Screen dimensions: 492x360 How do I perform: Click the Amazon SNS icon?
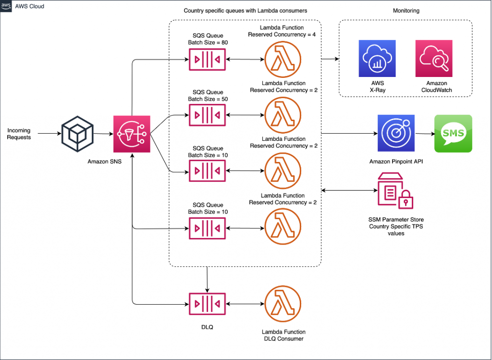pyautogui.click(x=132, y=134)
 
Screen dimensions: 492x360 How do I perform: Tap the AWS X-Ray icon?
pyautogui.click(x=377, y=58)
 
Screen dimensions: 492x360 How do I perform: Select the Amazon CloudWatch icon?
pyautogui.click(x=434, y=58)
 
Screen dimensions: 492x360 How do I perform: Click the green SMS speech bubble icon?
pyautogui.click(x=453, y=134)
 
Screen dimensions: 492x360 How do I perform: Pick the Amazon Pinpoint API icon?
pyautogui.click(x=396, y=133)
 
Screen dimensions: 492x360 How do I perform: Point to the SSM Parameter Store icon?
pyautogui.click(x=395, y=190)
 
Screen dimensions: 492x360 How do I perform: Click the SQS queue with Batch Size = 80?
pyautogui.click(x=207, y=59)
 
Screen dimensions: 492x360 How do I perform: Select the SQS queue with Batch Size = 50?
pyautogui.click(x=207, y=115)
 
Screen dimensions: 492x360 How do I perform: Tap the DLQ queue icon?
pyautogui.click(x=207, y=304)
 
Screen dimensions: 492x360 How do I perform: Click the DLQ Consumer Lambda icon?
pyautogui.click(x=283, y=304)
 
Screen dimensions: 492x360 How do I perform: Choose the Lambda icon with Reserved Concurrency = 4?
pyautogui.click(x=283, y=59)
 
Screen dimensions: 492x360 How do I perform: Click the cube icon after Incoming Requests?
pyautogui.click(x=77, y=134)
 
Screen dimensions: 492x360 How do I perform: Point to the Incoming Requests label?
pyautogui.click(x=19, y=134)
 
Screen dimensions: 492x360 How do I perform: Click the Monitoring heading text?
pyautogui.click(x=406, y=11)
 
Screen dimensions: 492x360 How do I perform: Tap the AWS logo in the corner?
pyautogui.click(x=6, y=6)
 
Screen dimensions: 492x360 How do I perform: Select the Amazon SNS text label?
pyautogui.click(x=104, y=161)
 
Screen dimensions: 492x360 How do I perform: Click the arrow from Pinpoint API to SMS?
pyautogui.click(x=425, y=134)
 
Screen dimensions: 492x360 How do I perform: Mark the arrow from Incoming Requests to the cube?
pyautogui.click(x=49, y=134)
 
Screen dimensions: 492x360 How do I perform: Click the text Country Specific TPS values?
pyautogui.click(x=396, y=230)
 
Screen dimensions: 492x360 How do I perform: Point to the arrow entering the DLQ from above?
pyautogui.click(x=207, y=280)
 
